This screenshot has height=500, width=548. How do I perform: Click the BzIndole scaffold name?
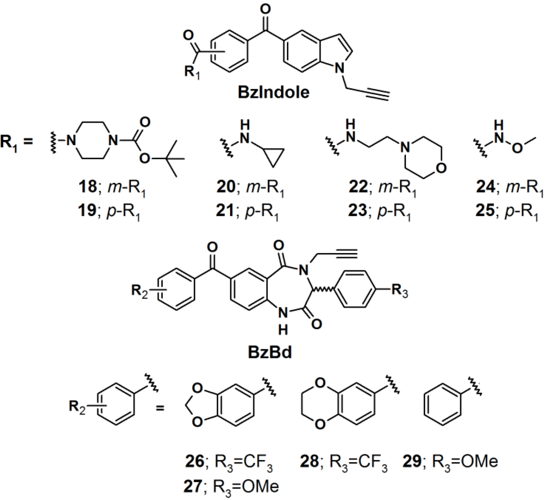273,92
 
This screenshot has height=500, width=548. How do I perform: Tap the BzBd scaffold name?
270,352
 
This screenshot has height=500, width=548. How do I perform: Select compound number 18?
87,187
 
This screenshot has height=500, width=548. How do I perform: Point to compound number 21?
225,211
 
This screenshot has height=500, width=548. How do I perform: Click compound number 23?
357,211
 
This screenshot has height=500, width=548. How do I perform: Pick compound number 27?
193,486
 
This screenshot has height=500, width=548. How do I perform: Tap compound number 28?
309,461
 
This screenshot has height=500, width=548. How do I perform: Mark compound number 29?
412,461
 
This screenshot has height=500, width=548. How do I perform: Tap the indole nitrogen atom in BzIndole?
340,67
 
